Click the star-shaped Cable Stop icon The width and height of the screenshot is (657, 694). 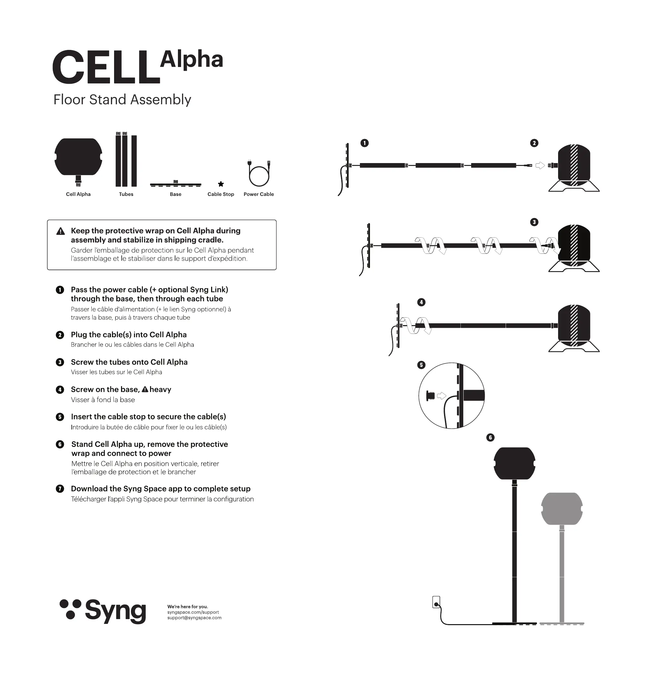221,184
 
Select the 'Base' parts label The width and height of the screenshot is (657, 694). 175,194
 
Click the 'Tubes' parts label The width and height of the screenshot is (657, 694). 126,194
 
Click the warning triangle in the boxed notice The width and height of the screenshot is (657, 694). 61,231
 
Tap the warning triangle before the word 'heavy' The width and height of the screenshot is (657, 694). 145,389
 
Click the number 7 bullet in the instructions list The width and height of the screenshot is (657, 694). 60,489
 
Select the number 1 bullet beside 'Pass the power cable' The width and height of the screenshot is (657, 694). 60,290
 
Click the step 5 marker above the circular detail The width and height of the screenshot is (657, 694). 421,365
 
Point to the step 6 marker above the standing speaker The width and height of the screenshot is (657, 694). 490,437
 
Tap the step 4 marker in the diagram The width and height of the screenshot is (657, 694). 421,302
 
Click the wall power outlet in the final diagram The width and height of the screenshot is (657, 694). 436,602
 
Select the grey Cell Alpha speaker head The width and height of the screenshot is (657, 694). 562,509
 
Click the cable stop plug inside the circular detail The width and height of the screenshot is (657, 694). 430,396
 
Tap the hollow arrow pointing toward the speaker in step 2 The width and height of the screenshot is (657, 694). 540,165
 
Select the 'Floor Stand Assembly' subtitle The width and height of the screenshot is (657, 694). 122,100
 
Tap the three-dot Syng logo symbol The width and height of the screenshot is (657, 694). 70,609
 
